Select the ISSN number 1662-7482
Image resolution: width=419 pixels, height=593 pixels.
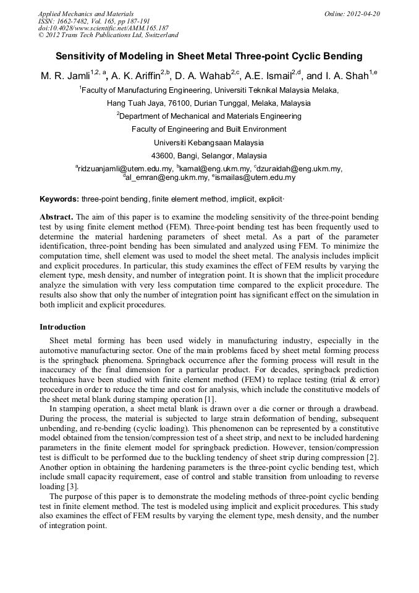(x=75, y=21)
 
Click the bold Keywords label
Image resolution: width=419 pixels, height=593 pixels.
(x=59, y=199)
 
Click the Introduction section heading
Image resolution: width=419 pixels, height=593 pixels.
(x=62, y=327)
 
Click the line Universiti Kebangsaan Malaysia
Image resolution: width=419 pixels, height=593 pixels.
(x=208, y=142)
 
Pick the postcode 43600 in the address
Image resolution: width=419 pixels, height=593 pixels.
(x=163, y=156)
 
